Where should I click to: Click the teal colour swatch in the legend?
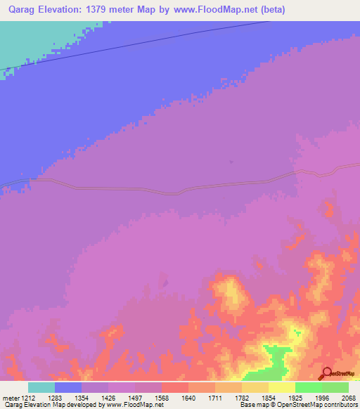click(x=41, y=387)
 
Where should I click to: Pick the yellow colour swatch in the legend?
click(x=282, y=387)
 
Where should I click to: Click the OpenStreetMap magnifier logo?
click(x=326, y=373)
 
